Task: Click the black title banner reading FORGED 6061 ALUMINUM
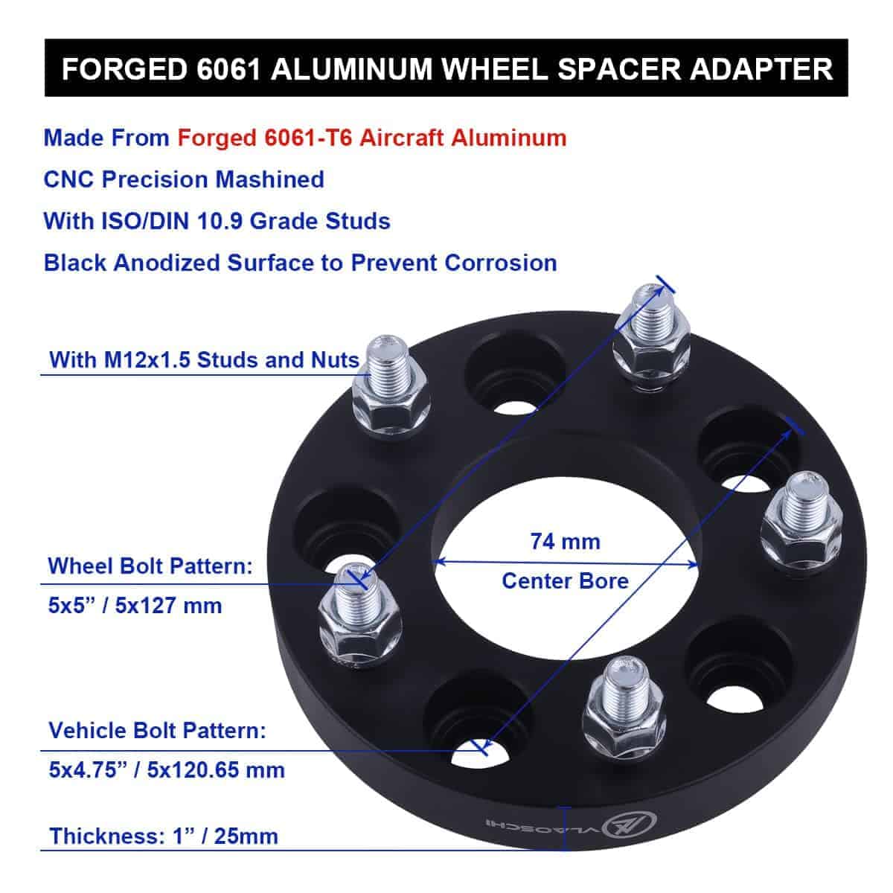(x=446, y=68)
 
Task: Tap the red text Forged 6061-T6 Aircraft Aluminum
(x=371, y=138)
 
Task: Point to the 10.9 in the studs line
(x=220, y=221)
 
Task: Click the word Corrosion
(x=501, y=263)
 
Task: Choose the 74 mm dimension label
(x=565, y=541)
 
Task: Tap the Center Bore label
(x=565, y=581)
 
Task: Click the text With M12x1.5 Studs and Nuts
(x=205, y=359)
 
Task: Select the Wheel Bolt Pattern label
(x=150, y=566)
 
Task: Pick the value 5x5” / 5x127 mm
(x=135, y=606)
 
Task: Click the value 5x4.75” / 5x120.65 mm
(x=167, y=770)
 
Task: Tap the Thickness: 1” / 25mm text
(x=164, y=836)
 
